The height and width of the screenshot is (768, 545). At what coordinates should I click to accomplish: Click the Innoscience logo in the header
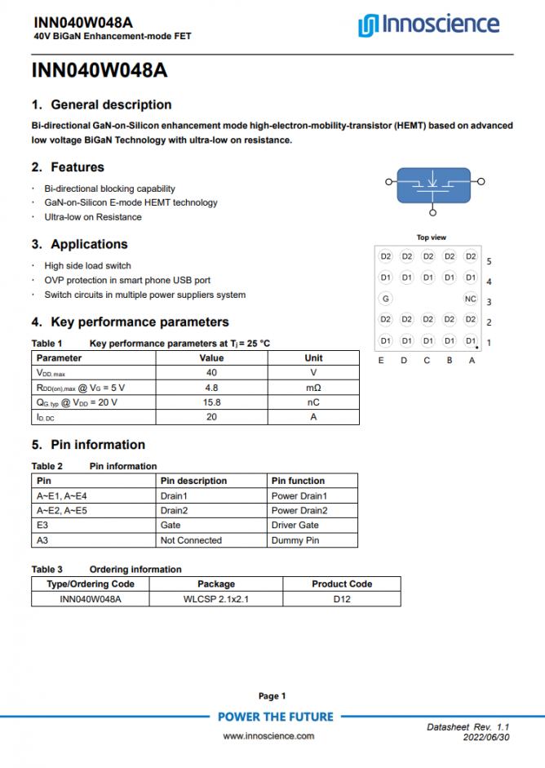(428, 24)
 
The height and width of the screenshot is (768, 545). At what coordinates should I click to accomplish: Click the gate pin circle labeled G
(386, 299)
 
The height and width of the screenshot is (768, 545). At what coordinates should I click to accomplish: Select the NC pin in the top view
(471, 299)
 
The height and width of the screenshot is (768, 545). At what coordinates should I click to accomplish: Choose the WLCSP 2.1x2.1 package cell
(215, 598)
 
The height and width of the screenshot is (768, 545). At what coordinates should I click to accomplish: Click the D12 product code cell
(341, 598)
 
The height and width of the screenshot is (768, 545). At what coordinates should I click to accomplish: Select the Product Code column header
(341, 584)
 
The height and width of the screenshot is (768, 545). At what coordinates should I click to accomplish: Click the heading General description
(111, 104)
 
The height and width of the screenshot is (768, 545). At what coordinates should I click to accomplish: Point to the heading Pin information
(98, 445)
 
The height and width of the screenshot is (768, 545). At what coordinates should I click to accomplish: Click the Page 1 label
(272, 696)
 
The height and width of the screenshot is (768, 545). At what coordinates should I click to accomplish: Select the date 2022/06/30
(486, 737)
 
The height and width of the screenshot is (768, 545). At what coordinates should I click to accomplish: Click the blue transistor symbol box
(432, 184)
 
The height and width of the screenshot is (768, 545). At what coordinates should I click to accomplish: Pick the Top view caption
(431, 238)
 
